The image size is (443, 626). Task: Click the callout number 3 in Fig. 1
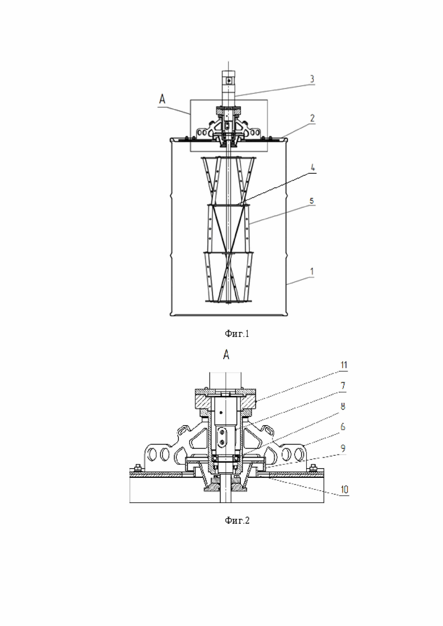(312, 79)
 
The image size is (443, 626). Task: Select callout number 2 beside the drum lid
(312, 118)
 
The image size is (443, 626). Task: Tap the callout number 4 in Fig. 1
(313, 167)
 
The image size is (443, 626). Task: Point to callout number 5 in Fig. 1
(312, 200)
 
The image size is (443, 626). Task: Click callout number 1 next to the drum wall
(312, 271)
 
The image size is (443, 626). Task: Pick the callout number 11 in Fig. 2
(344, 365)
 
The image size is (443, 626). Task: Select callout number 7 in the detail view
(342, 386)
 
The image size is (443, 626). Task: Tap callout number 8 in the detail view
(342, 406)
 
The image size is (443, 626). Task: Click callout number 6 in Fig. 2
(342, 427)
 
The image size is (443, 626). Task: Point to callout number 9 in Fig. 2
(342, 448)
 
